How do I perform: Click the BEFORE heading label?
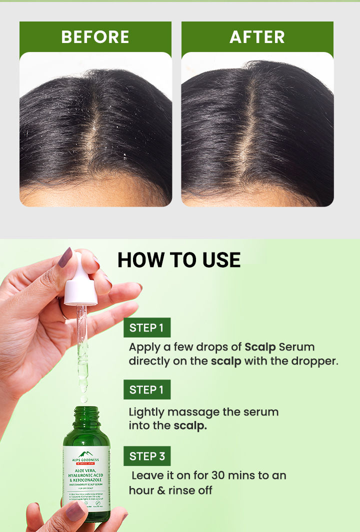point(95,37)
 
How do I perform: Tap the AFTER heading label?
point(257,37)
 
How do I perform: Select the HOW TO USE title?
point(179,260)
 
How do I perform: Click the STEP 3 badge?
point(147,456)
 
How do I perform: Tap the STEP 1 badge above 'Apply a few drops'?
point(146,327)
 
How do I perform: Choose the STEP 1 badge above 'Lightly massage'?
point(146,389)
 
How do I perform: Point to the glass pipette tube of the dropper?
point(82,345)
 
